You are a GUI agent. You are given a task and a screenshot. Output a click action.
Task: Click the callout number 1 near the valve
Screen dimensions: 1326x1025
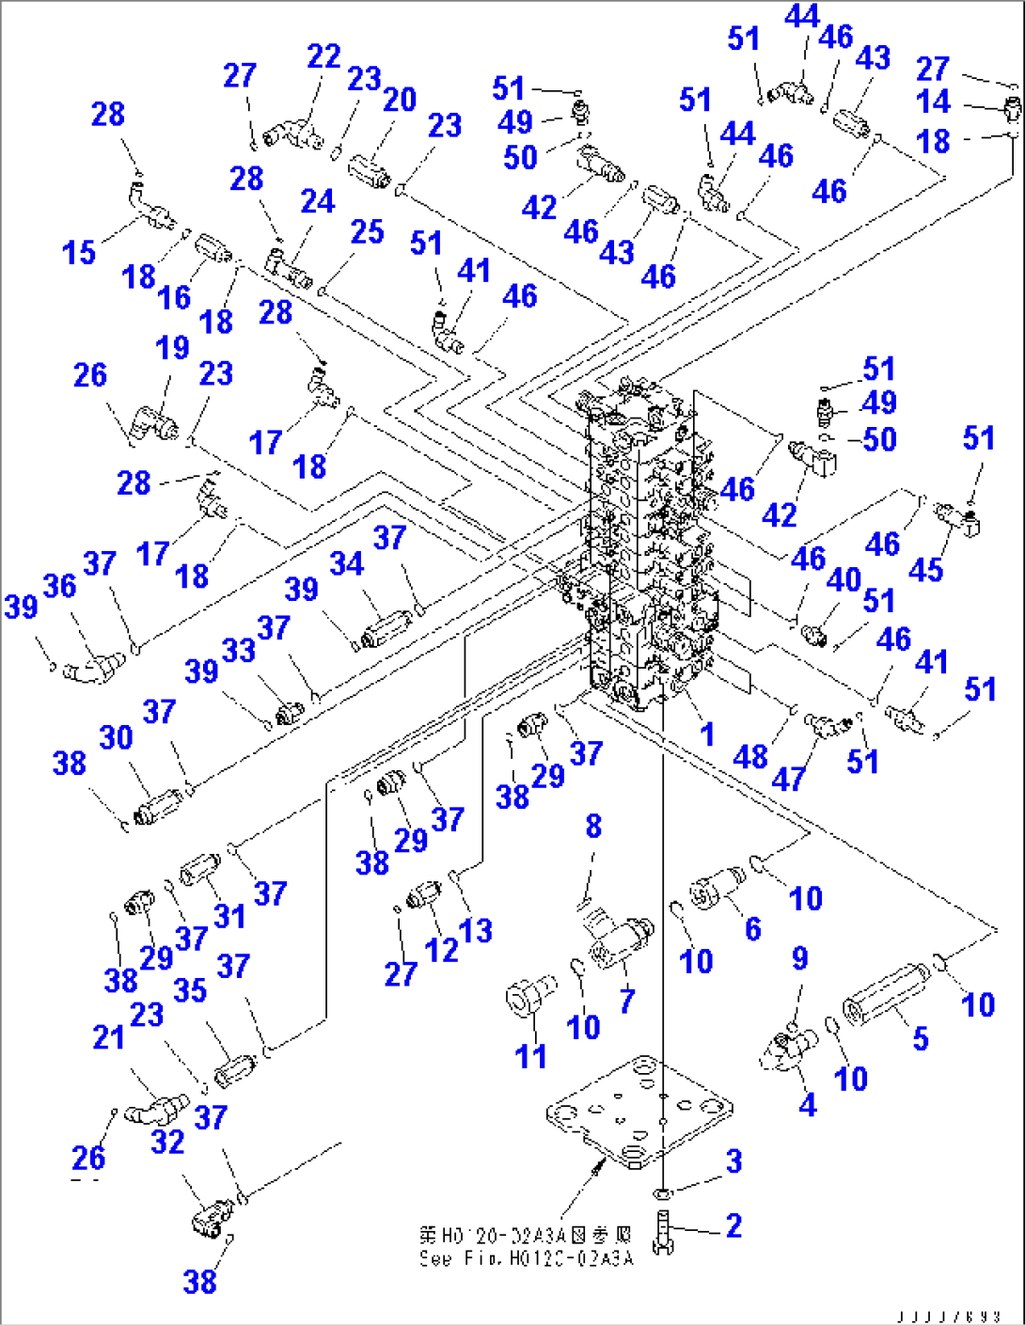point(707,734)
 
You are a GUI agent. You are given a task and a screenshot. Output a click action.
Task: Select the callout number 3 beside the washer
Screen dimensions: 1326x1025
point(733,1161)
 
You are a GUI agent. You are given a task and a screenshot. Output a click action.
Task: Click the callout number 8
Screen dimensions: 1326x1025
point(593,827)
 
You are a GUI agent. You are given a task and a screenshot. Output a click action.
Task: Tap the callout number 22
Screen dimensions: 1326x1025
point(323,56)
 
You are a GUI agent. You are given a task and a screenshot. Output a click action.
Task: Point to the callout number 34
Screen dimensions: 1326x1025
point(346,563)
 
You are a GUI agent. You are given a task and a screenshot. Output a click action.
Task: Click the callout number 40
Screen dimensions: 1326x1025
point(844,579)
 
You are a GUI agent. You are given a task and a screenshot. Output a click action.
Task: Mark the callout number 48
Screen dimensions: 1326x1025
point(749,756)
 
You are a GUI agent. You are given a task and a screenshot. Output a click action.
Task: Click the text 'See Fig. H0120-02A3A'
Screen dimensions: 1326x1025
point(527,1258)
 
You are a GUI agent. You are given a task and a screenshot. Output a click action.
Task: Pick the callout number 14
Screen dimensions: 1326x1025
point(933,102)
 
